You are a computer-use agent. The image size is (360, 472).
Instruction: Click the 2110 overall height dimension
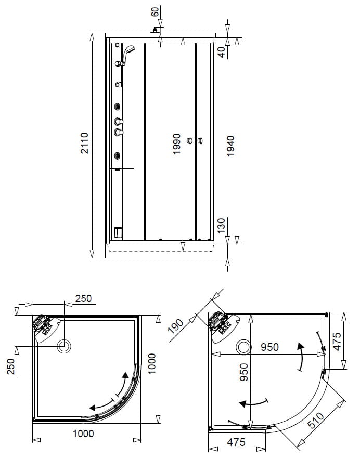tap(85, 143)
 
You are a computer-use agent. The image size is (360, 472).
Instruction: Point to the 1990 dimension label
tap(176, 144)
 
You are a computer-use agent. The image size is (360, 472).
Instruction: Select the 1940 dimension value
tap(230, 146)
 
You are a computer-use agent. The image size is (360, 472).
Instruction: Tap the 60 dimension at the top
tap(155, 12)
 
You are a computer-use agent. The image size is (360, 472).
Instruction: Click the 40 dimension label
tap(222, 53)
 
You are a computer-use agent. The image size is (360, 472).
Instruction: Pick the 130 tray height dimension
tap(221, 226)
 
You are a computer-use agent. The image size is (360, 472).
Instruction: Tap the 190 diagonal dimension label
tap(176, 326)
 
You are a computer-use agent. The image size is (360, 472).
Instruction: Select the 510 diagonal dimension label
tap(316, 420)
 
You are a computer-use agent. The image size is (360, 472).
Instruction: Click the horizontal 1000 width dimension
tap(83, 434)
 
